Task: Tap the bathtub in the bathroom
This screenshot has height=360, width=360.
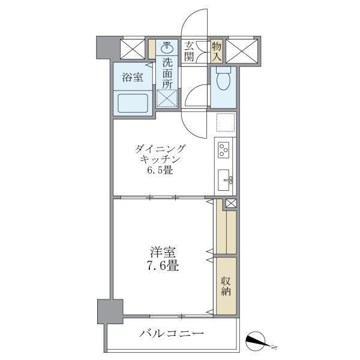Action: click(x=133, y=103)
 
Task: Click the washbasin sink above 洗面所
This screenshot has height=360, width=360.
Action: click(x=168, y=47)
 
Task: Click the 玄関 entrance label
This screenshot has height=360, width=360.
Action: click(x=190, y=50)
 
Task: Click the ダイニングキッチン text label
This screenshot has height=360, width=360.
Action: click(x=160, y=154)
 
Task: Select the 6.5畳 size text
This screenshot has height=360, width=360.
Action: click(x=160, y=170)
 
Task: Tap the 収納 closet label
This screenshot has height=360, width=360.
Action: click(x=226, y=287)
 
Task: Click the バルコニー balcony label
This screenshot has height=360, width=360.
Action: click(x=172, y=334)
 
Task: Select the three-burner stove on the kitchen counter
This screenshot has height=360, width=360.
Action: click(x=225, y=149)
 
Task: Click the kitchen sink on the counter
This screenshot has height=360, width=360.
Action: click(x=226, y=179)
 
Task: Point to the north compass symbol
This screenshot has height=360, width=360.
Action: click(x=259, y=342)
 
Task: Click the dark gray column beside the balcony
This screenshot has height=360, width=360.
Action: click(x=110, y=312)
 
